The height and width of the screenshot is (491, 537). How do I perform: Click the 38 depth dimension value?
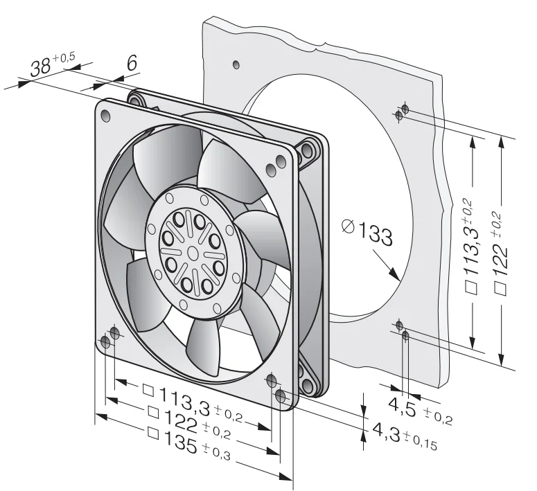[40, 67]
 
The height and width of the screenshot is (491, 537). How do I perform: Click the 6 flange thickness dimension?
[132, 62]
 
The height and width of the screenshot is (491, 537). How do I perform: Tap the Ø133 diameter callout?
[367, 233]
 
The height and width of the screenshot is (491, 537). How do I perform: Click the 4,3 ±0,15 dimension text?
[405, 435]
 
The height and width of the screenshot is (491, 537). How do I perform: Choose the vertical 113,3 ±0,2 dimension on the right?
[471, 246]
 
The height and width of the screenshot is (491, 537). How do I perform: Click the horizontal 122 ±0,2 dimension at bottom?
[189, 422]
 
